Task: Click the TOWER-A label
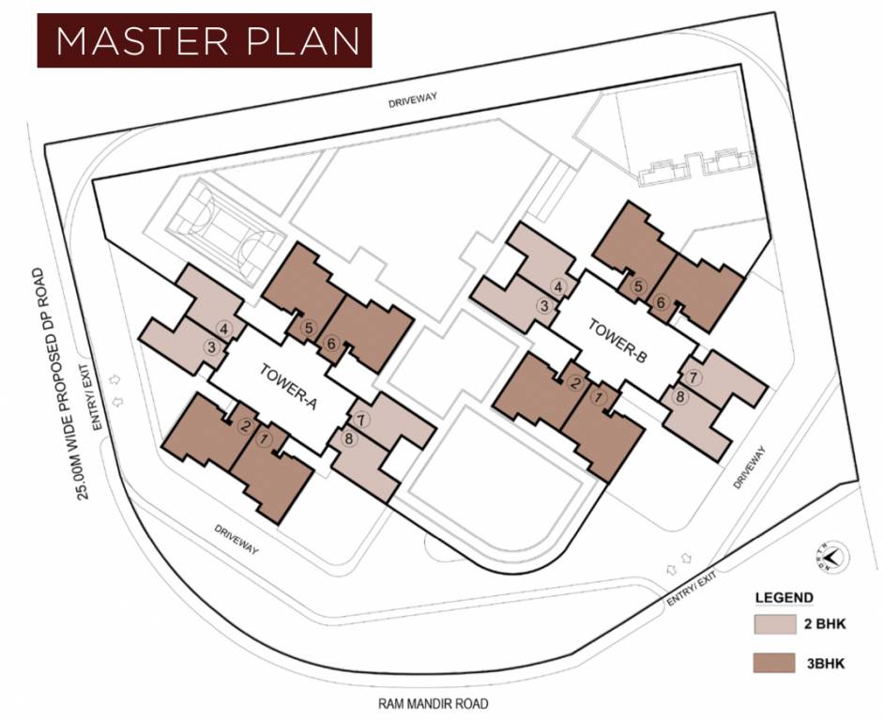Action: (289, 388)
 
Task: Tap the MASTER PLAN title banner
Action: (205, 40)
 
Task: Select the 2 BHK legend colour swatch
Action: (775, 624)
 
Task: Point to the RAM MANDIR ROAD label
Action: (433, 703)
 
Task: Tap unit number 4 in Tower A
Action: (224, 329)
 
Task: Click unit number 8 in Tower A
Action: (348, 438)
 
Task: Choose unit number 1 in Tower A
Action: (264, 439)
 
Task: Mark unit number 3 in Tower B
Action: (544, 306)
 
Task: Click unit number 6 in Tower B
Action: (662, 303)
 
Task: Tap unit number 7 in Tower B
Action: (693, 377)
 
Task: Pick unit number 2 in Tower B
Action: (575, 385)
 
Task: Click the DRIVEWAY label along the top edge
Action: (413, 100)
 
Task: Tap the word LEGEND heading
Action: (784, 598)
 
